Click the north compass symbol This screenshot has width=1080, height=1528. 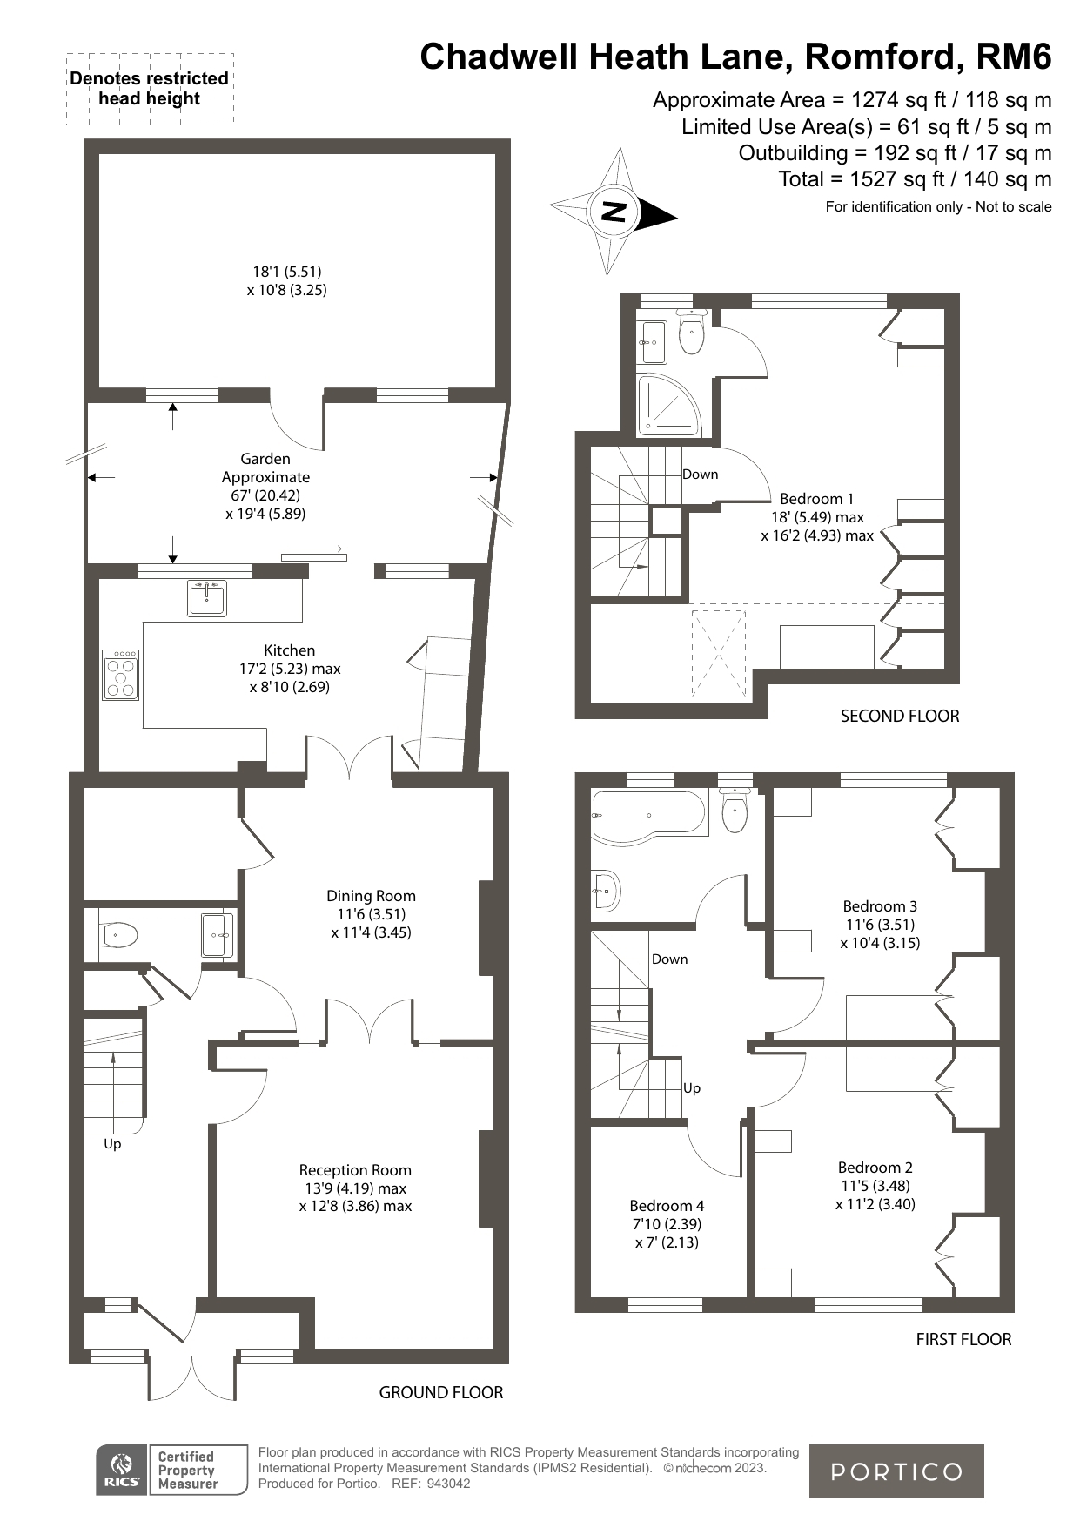[614, 212]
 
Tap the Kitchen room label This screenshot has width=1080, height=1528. [290, 650]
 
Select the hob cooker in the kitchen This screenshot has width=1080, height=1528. [121, 675]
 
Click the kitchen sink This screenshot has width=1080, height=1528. [207, 598]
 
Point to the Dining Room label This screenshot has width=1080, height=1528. [371, 896]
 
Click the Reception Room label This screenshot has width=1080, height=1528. [355, 1170]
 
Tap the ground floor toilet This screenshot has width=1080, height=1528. [120, 936]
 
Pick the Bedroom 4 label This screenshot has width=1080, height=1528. [667, 1206]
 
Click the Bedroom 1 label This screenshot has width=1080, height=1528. [816, 499]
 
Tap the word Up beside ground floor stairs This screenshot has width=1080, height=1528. [112, 1144]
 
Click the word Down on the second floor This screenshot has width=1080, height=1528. [701, 475]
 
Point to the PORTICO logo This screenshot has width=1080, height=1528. [896, 1471]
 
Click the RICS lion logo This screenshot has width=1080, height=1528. [122, 1471]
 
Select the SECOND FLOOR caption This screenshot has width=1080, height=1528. [900, 717]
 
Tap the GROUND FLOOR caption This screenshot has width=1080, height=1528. [441, 1393]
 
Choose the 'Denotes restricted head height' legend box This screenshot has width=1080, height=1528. [150, 89]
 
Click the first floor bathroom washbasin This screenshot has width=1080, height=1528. [606, 891]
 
